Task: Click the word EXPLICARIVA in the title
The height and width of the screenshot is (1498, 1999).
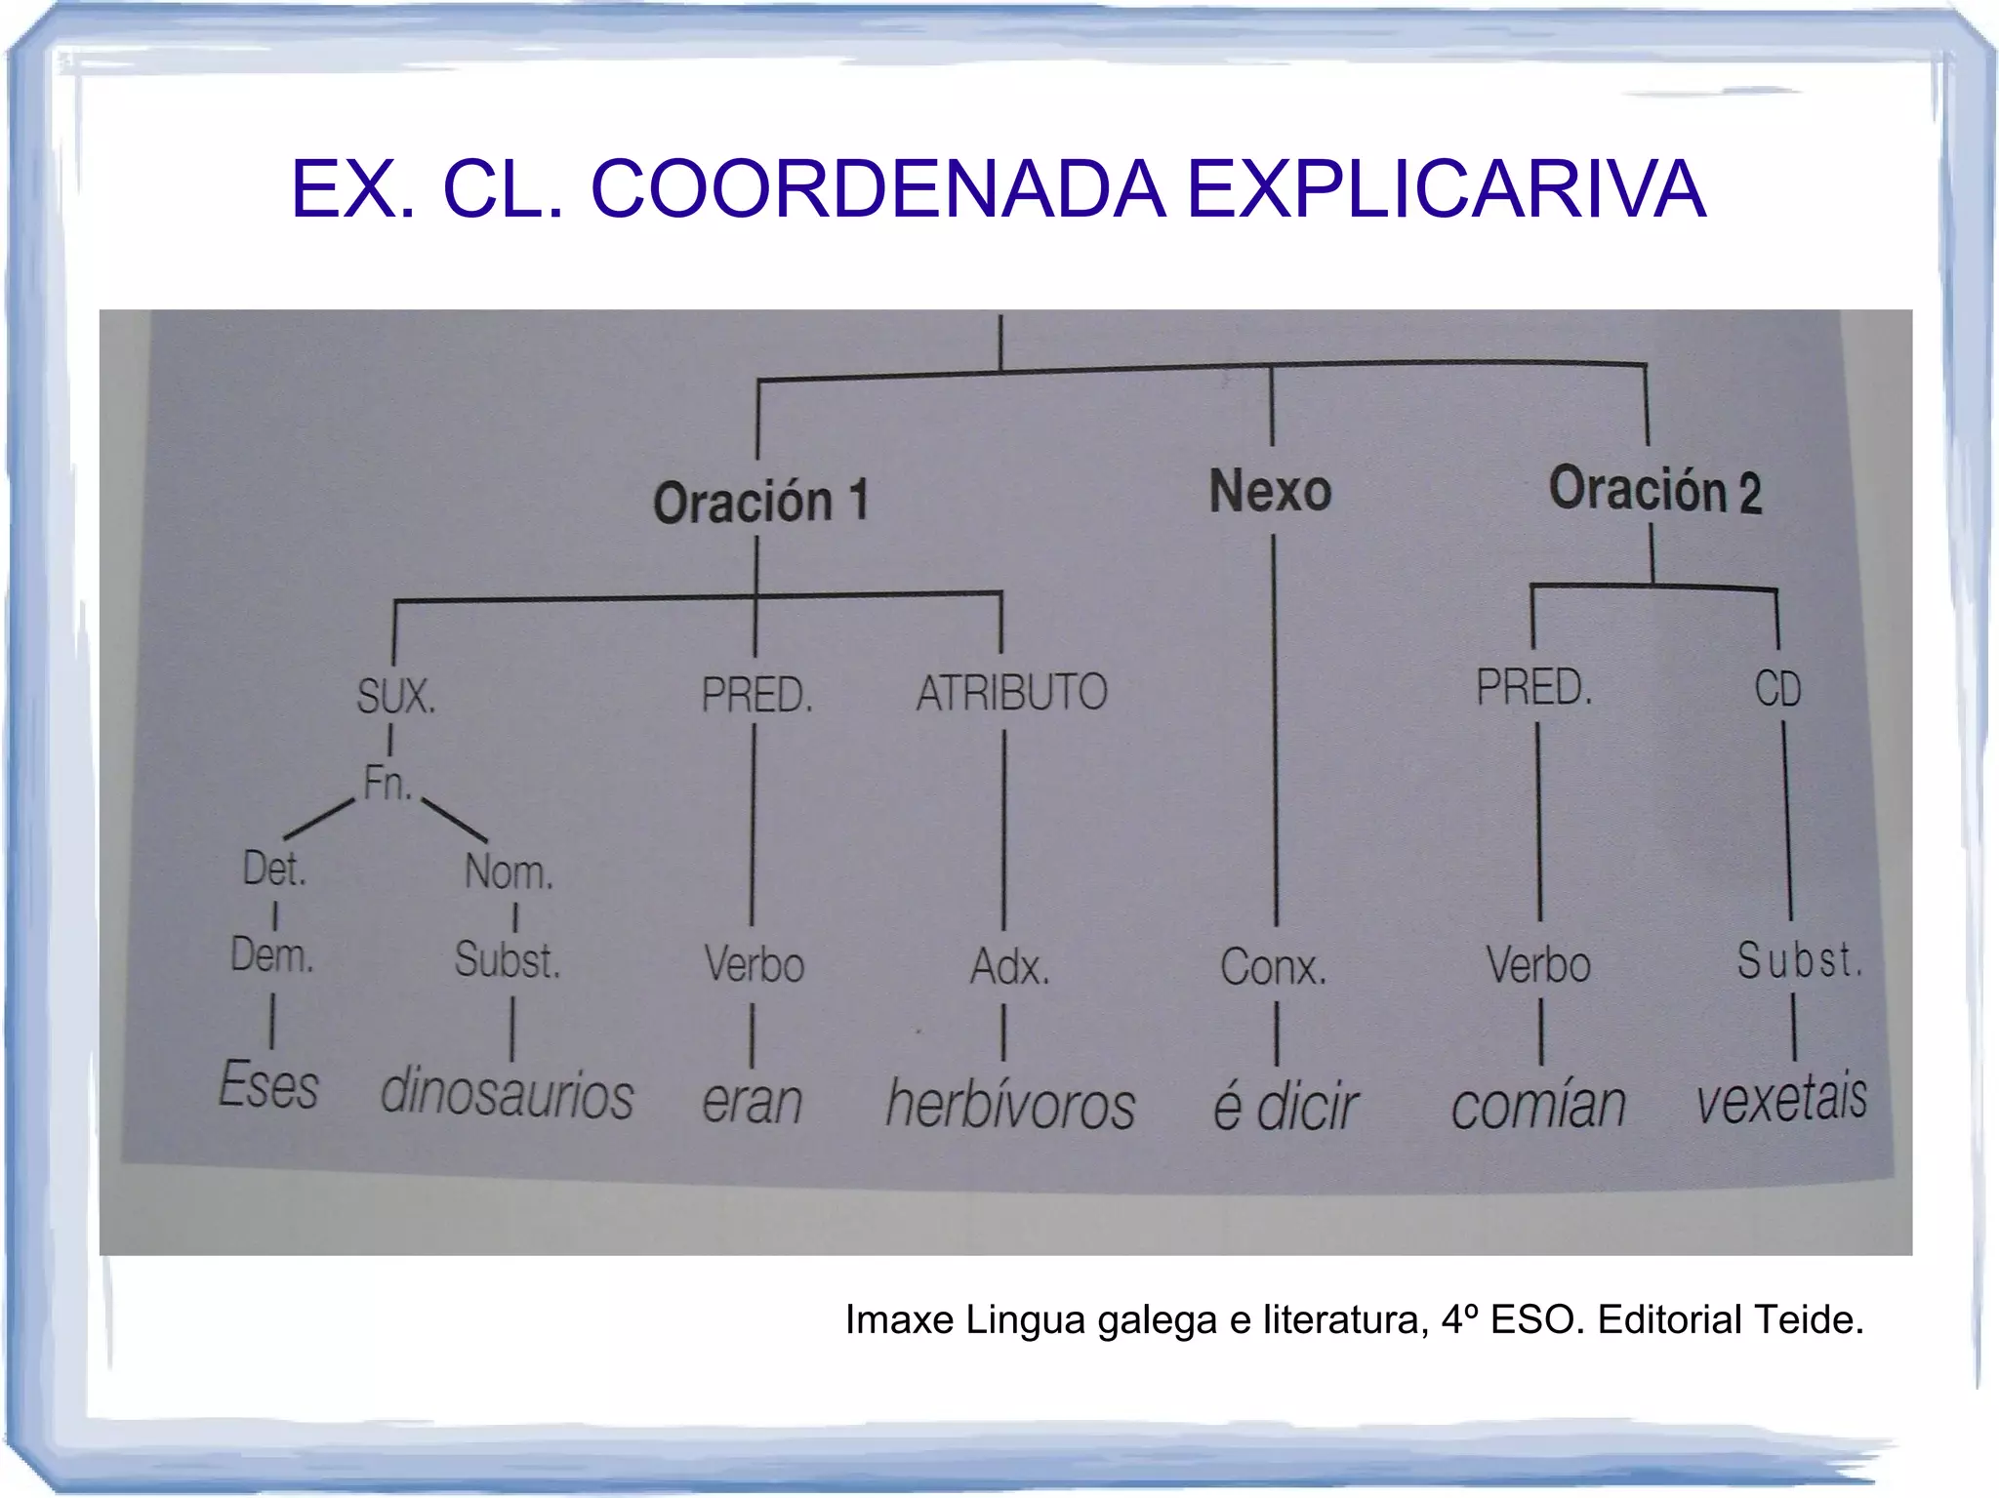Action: click(x=1446, y=189)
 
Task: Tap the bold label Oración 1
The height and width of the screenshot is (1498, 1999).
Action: click(x=760, y=503)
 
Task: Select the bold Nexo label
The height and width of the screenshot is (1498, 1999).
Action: click(x=1270, y=491)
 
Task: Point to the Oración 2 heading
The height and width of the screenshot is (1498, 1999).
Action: click(x=1655, y=489)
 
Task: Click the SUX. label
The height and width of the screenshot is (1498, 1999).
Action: click(x=395, y=697)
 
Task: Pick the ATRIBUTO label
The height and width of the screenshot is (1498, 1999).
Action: click(x=1011, y=693)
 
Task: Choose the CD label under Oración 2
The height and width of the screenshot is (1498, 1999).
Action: click(x=1777, y=690)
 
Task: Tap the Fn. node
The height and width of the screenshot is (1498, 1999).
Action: click(x=387, y=784)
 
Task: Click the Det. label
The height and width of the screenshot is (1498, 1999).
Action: click(x=274, y=869)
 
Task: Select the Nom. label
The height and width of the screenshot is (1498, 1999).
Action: click(x=509, y=872)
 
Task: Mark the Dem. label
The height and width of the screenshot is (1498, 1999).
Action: click(x=272, y=955)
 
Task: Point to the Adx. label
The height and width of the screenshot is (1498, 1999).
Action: click(x=1009, y=968)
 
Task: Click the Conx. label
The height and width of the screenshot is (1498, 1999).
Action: click(x=1273, y=968)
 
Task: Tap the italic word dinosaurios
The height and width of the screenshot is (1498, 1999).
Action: click(x=507, y=1093)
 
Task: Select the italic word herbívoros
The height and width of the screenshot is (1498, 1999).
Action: click(x=1010, y=1105)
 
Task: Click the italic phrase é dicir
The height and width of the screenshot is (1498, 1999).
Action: click(x=1285, y=1107)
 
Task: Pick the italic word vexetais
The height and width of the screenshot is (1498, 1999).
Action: click(x=1781, y=1099)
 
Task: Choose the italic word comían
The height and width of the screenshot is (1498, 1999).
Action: click(x=1538, y=1106)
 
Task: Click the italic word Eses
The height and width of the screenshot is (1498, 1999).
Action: click(x=268, y=1085)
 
